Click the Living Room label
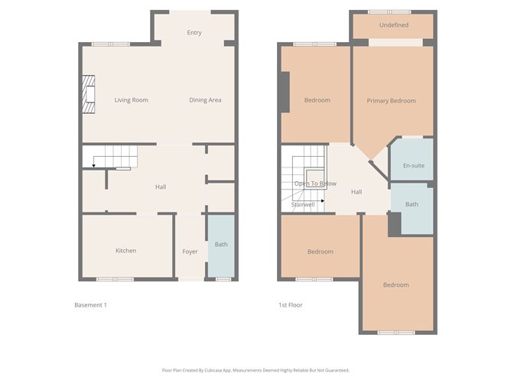131,100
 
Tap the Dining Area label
205,100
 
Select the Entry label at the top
194,33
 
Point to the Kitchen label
125,251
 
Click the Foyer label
190,252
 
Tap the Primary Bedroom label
391,101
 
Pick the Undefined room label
393,25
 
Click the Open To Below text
315,183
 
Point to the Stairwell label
303,204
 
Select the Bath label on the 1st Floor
412,204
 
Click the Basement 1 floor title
90,305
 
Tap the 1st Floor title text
290,305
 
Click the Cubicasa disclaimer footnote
255,370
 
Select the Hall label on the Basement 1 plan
161,187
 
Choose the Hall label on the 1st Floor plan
356,192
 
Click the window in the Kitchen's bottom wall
115,279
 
